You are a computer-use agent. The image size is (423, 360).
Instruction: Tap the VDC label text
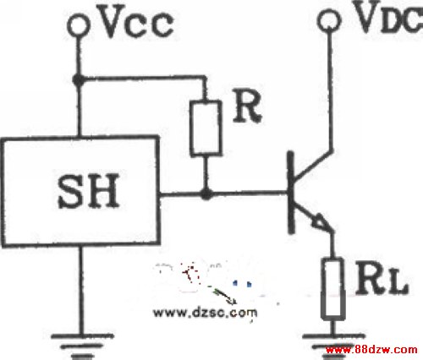click(x=388, y=16)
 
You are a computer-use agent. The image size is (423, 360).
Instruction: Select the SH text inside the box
click(x=88, y=191)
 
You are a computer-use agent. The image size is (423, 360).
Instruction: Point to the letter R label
click(x=247, y=107)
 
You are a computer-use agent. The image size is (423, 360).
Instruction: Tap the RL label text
click(x=382, y=278)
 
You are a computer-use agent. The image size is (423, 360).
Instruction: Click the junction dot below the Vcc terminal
click(x=79, y=79)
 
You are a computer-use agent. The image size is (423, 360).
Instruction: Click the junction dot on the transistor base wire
click(x=206, y=194)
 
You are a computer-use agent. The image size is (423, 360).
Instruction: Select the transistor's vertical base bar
click(x=291, y=193)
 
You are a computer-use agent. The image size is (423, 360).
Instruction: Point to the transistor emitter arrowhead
click(x=321, y=221)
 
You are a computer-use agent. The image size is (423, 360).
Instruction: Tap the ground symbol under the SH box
click(x=82, y=346)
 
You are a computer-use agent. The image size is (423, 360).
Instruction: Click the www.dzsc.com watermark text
click(x=205, y=313)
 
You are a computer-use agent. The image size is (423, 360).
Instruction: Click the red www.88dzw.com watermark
click(x=371, y=350)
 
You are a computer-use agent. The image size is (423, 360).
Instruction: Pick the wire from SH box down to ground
click(x=81, y=291)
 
